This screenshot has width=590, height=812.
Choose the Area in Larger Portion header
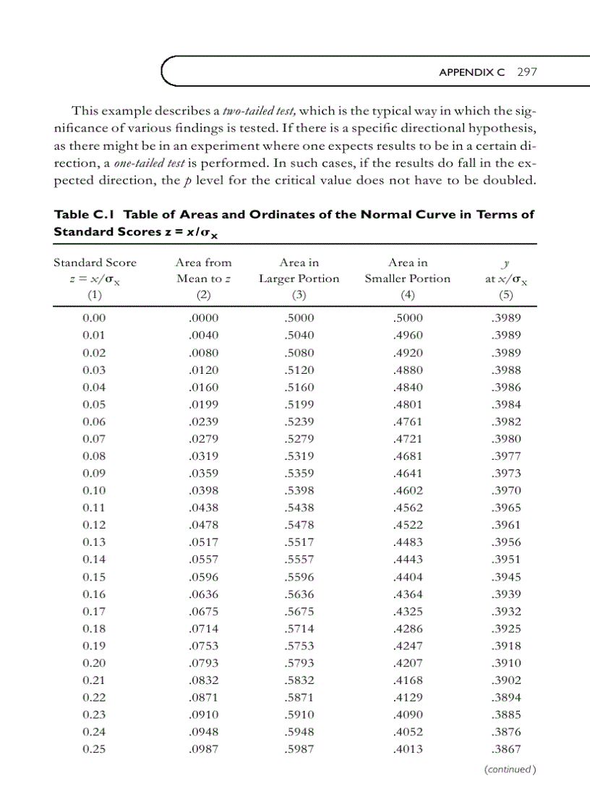[299, 270]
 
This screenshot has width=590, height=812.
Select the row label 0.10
[95, 490]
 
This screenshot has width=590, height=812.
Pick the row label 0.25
[95, 749]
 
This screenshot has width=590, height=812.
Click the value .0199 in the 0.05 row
[203, 404]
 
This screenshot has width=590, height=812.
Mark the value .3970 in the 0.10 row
[505, 490]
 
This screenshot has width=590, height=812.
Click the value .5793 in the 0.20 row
[299, 663]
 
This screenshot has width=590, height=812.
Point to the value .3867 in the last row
[505, 749]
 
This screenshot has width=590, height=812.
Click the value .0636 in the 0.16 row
[203, 594]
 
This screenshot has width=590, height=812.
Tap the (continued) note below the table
[509, 769]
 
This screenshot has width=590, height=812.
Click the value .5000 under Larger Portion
[299, 317]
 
